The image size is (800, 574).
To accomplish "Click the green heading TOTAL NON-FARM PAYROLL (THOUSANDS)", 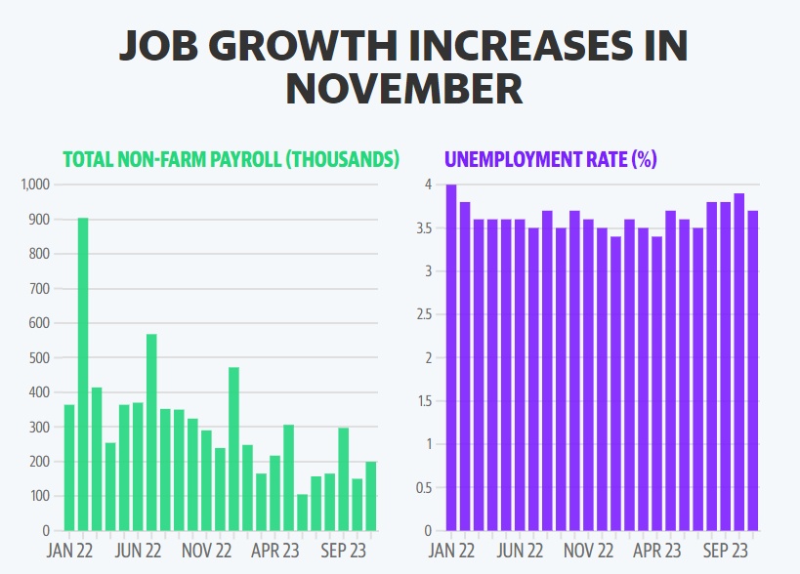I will point(232,160).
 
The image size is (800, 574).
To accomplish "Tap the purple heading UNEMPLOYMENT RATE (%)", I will point(550,160).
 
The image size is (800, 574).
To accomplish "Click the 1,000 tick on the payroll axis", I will point(34,184).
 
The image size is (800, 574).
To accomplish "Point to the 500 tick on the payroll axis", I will point(38,358).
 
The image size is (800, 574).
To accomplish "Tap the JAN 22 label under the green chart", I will point(70,550).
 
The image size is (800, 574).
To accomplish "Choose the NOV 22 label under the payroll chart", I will point(206,550).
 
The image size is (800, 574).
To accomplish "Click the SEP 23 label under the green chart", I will point(343,550).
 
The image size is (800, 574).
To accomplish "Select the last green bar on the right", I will point(371,496).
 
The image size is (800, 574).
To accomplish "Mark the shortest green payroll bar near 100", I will point(303,512).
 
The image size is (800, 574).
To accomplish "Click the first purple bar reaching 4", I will point(451,357).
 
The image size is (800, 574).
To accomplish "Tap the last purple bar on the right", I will point(752,371).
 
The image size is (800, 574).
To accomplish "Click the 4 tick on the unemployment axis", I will point(427,184).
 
